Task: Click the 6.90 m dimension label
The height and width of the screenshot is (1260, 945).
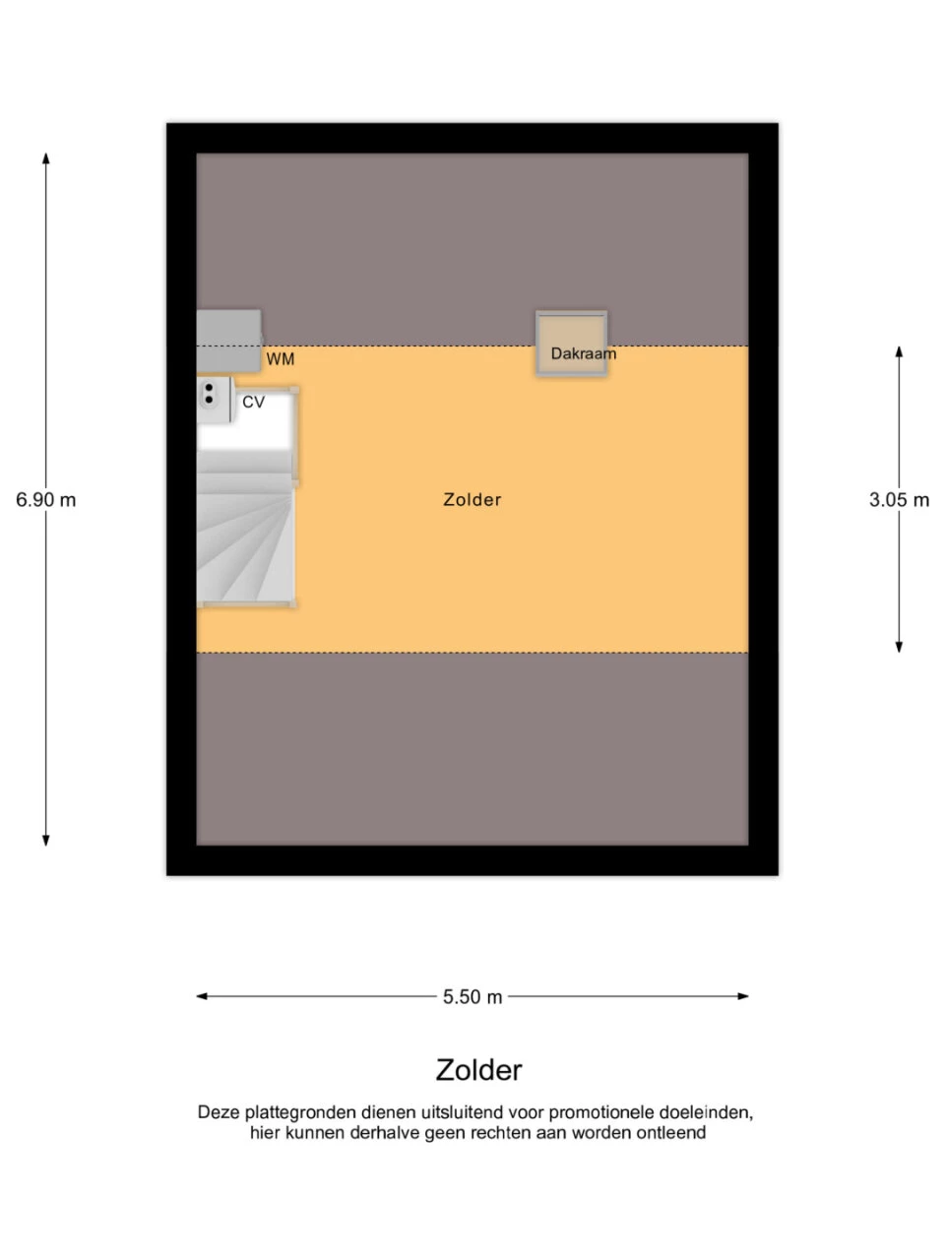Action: [46, 500]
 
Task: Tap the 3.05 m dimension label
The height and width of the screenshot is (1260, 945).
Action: [899, 500]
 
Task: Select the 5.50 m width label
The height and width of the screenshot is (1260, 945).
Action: [472, 997]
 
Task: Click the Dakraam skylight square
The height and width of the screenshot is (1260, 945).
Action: [572, 344]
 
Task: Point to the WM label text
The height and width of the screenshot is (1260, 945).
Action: [280, 359]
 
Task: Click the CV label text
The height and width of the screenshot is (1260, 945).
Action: [253, 402]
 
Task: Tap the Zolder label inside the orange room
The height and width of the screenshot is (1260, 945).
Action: [472, 500]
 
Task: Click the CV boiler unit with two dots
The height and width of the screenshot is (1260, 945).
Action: [215, 399]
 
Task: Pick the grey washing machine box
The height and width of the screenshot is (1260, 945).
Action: [229, 341]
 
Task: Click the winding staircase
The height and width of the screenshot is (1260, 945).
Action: [245, 539]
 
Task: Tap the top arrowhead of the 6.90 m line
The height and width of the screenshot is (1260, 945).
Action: [46, 157]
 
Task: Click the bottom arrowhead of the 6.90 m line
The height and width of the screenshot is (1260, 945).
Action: [46, 841]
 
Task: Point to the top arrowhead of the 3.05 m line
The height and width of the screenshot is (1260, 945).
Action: [899, 351]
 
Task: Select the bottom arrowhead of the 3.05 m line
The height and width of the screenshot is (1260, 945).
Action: [899, 647]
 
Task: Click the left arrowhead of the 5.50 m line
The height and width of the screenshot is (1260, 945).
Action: [202, 996]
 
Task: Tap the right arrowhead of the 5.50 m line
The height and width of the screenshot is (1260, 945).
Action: [743, 996]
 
